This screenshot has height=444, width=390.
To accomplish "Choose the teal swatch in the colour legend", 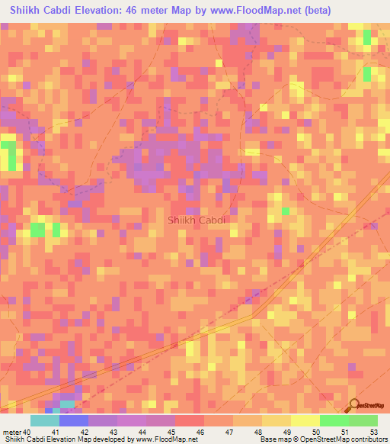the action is pyautogui.click(x=44, y=420).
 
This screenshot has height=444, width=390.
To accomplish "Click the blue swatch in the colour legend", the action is pyautogui.click(x=73, y=420).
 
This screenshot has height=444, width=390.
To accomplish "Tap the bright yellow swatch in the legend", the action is pyautogui.click(x=305, y=420).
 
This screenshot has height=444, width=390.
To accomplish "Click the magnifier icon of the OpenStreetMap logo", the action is pyautogui.click(x=355, y=405).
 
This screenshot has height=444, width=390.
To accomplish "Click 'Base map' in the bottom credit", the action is pyautogui.click(x=272, y=439).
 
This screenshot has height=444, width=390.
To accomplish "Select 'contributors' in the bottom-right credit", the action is pyautogui.click(x=364, y=439).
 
